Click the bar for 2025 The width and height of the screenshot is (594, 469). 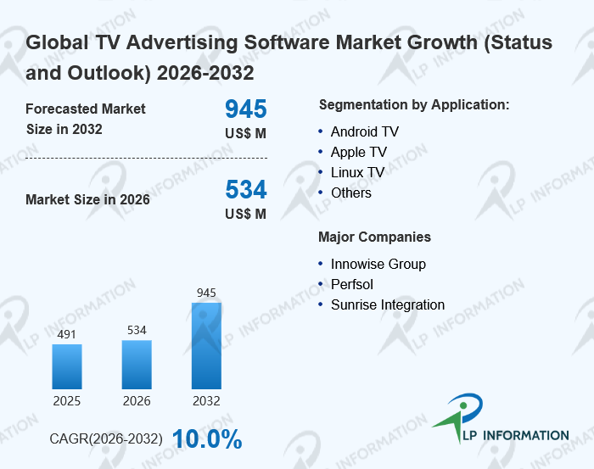[x=67, y=366]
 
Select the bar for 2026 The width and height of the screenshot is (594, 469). [x=137, y=364]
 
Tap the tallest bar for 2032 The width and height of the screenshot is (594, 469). [x=206, y=345]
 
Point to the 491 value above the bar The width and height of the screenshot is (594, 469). [x=67, y=334]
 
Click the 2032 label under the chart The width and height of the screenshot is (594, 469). [x=206, y=400]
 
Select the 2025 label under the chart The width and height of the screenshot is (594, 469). [x=67, y=400]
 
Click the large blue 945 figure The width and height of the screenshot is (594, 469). [x=245, y=109]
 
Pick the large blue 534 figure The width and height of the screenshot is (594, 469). [x=245, y=189]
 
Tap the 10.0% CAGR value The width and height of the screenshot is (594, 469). [x=207, y=439]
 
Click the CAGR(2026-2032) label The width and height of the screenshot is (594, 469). [x=107, y=439]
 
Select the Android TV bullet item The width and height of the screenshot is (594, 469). [x=364, y=131]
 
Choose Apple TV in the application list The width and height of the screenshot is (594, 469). [x=358, y=152]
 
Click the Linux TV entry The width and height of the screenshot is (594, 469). [x=357, y=172]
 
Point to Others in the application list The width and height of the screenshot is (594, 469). [x=350, y=193]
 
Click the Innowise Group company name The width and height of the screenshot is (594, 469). [x=378, y=264]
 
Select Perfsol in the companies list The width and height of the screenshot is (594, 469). [x=351, y=284]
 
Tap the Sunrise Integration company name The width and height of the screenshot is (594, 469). [x=387, y=304]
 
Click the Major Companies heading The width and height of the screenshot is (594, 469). [x=374, y=237]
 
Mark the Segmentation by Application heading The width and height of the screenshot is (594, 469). [x=413, y=105]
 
